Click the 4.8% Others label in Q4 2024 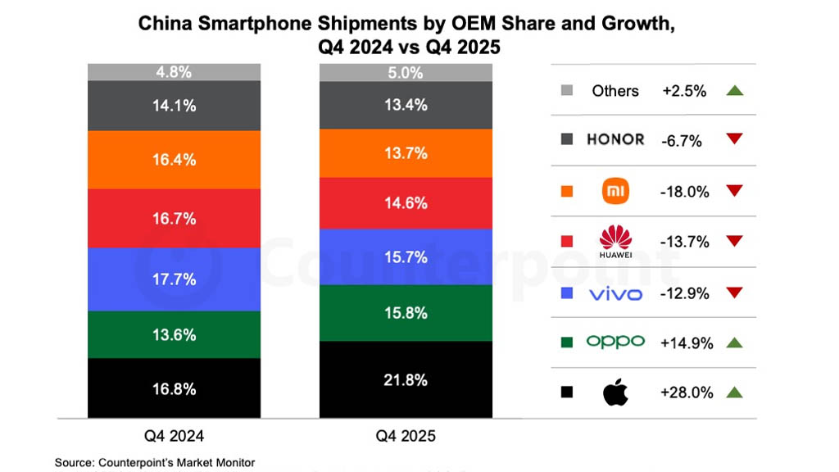pyautogui.click(x=174, y=72)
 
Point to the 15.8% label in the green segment pyautogui.click(x=406, y=313)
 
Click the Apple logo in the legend pyautogui.click(x=615, y=393)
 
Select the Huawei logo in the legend pyautogui.click(x=615, y=241)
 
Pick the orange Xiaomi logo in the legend pyautogui.click(x=615, y=191)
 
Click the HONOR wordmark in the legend pyautogui.click(x=615, y=140)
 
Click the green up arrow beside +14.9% pyautogui.click(x=733, y=343)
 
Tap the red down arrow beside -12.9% pyautogui.click(x=733, y=293)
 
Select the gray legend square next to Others pyautogui.click(x=566, y=90)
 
